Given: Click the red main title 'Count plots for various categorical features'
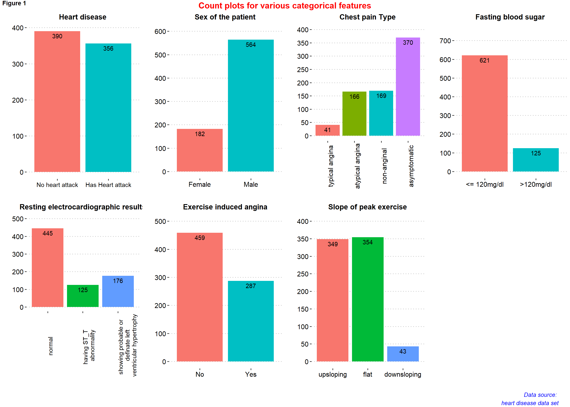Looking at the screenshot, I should pos(285,6).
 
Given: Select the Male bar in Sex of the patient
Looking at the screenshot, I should pos(251,105).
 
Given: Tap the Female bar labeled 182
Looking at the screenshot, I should pos(200,150).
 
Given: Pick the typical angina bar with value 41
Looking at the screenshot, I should pos(327,130).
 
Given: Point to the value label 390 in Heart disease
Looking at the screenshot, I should pos(57,36).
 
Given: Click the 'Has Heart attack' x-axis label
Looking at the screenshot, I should pos(108,185).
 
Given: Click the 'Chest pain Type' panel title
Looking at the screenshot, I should pos(367,17).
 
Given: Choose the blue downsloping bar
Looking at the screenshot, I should pos(403,354).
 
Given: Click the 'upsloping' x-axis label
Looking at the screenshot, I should pos(333,374).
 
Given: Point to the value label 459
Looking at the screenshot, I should pos(200,238).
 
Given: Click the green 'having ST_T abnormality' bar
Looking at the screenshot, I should pos(83,296).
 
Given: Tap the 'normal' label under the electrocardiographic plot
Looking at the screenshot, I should pos(51,346).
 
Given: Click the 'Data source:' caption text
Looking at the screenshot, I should pos(540,395).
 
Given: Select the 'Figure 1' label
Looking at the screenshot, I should pos(14,3).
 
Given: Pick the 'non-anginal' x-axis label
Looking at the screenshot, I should pos(384,166).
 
